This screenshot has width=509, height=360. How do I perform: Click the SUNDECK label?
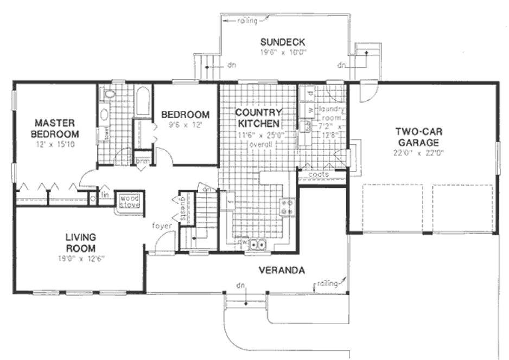282,42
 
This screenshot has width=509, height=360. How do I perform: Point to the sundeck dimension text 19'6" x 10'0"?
283,53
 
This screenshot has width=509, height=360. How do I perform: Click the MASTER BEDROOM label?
55,128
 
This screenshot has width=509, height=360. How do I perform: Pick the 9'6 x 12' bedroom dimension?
185,125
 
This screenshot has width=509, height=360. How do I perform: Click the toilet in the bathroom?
110,94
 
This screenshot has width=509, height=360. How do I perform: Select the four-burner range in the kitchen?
288,207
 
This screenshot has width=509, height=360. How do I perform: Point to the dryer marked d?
310,94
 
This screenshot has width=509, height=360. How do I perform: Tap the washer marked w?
310,110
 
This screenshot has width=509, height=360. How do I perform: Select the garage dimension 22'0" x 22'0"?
419,152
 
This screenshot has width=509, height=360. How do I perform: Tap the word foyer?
162,226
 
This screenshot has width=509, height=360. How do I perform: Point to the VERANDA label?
281,270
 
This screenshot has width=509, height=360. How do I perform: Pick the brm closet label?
142,161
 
